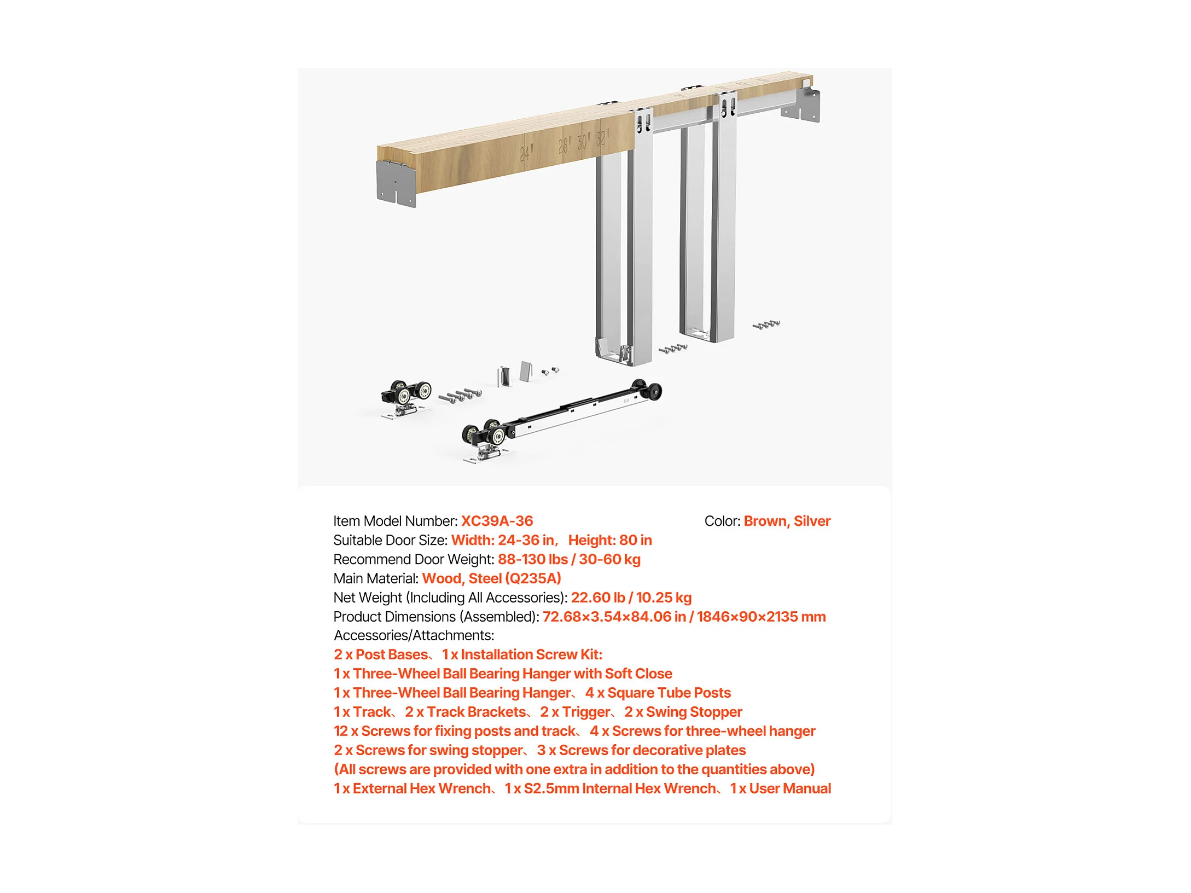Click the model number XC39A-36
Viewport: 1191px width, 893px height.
(497, 521)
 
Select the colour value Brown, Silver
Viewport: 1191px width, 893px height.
(787, 521)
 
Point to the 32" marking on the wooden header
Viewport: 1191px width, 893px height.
(602, 137)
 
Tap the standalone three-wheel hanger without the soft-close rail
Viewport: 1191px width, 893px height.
(405, 398)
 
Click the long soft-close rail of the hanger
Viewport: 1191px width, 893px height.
(580, 410)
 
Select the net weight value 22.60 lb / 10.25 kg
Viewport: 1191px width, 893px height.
(631, 598)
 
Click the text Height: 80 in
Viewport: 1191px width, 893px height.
(610, 540)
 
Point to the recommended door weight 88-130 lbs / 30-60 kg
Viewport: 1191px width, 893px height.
(569, 559)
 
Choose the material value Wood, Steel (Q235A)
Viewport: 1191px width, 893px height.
(491, 578)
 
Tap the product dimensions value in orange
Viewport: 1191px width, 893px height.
(684, 617)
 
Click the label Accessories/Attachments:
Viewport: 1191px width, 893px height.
(414, 635)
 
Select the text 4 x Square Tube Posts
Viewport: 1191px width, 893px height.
(658, 693)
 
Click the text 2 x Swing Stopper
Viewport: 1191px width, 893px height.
(683, 712)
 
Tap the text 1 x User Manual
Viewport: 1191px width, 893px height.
(781, 788)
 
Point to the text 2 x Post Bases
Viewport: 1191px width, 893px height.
(381, 654)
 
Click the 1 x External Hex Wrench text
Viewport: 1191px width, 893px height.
(412, 788)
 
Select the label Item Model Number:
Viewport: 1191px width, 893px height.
(396, 521)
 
